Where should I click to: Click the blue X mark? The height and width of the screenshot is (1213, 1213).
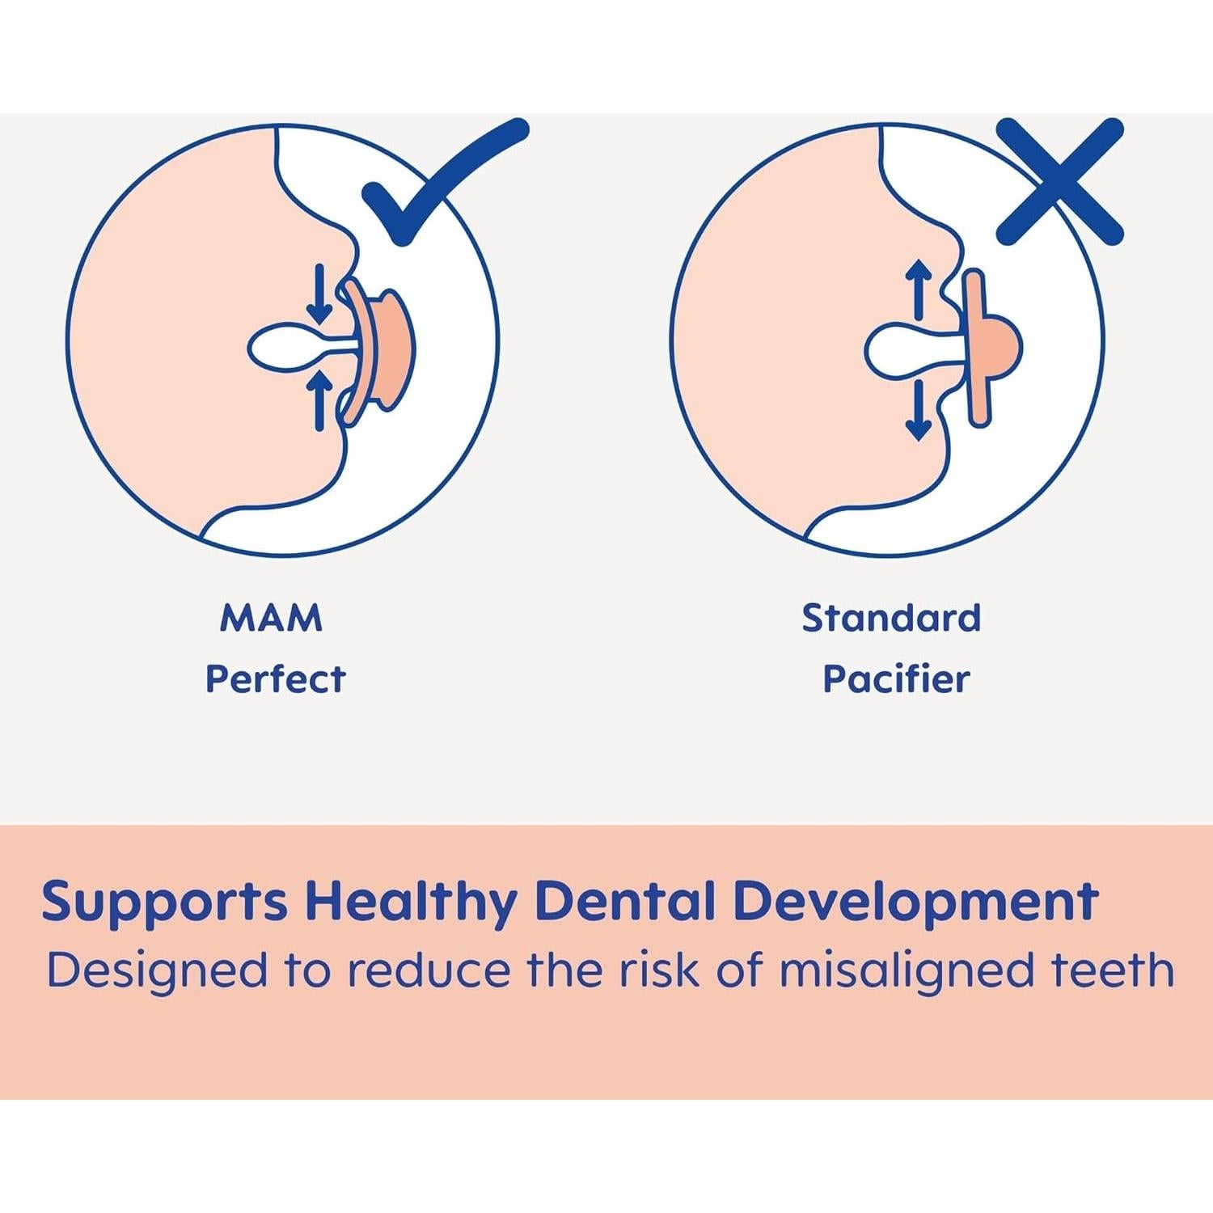click(x=1060, y=181)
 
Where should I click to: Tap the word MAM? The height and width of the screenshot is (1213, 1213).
click(x=271, y=619)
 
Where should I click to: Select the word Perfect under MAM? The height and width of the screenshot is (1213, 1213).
click(x=275, y=678)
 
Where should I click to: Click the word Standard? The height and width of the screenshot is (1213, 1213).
click(x=891, y=619)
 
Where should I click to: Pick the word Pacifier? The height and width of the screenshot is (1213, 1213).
click(x=896, y=678)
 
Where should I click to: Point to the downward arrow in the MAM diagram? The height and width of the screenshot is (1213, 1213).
click(x=319, y=294)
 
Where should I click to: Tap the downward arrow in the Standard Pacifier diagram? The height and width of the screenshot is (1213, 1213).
click(x=918, y=411)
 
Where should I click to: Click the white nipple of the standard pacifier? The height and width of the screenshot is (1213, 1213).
click(x=906, y=350)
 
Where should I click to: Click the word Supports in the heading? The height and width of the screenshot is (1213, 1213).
click(x=164, y=902)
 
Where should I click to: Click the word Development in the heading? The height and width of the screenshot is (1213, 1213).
click(x=915, y=902)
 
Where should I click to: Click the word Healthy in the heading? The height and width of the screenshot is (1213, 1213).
click(x=412, y=902)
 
